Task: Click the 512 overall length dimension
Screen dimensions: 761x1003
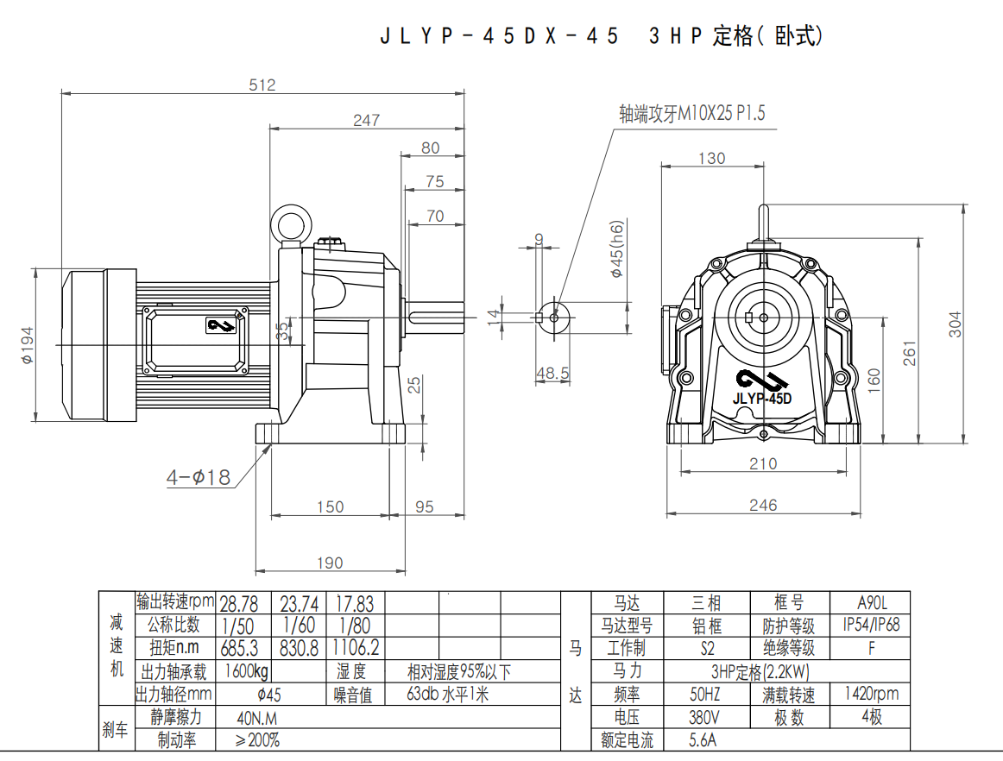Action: click(x=262, y=85)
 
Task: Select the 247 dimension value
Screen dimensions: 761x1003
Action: click(x=366, y=121)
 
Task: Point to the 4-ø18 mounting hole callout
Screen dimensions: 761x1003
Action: click(x=199, y=476)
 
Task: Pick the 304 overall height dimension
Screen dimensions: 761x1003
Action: click(x=955, y=324)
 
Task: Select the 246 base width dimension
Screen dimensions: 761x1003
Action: click(x=763, y=506)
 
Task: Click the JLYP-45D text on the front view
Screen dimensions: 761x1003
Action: click(x=762, y=399)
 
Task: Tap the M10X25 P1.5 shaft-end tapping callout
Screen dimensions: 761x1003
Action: click(x=692, y=114)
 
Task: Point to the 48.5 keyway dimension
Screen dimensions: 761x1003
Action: click(x=553, y=373)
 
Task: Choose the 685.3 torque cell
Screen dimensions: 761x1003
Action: click(x=243, y=647)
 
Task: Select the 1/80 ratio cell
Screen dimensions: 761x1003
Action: click(x=355, y=625)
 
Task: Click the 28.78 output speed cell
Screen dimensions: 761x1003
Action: click(x=243, y=603)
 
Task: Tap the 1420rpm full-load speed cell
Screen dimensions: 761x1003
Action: click(x=870, y=694)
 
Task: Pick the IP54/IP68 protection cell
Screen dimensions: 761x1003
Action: click(x=870, y=625)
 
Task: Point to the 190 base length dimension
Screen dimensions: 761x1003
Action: click(x=330, y=563)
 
